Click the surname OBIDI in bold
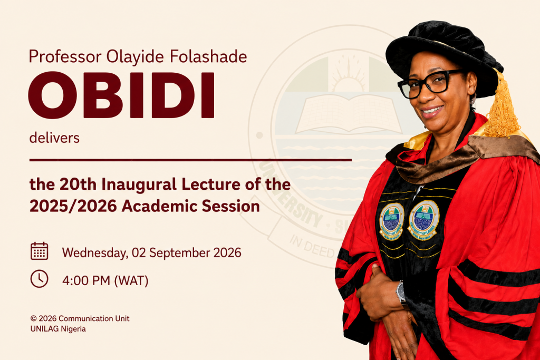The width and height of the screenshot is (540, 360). coord(122,95)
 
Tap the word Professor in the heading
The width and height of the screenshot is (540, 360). coord(65,56)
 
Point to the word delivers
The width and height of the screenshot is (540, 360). coord(54,138)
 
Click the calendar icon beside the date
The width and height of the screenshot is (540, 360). coord(39,251)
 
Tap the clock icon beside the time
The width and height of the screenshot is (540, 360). coord(39,279)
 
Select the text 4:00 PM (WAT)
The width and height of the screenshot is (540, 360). coord(105,281)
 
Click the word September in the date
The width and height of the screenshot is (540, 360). coord(179,253)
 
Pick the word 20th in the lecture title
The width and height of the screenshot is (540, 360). coord(78,184)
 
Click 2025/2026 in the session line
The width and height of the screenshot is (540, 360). coord(73,207)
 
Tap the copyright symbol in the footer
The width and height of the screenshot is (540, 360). coord(33,319)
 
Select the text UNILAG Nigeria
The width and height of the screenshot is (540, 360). coord(58,329)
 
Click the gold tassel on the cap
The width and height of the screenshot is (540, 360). coord(502,106)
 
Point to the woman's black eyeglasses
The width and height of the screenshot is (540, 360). coord(429,84)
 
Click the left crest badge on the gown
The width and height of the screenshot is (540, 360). coord(392,221)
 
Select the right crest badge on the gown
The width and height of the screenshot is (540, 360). coord(423,220)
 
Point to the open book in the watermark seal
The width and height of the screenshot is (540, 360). coord(349,113)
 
